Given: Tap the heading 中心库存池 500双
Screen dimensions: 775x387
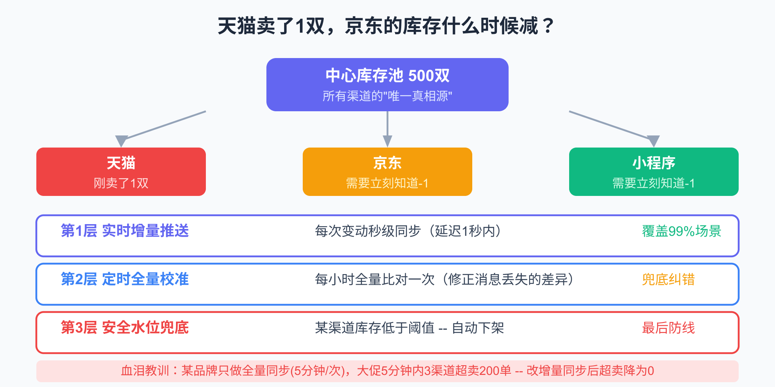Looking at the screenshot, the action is (387, 75).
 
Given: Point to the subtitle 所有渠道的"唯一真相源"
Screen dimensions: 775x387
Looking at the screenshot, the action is (387, 96).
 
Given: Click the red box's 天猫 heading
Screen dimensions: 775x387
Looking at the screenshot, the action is (121, 163).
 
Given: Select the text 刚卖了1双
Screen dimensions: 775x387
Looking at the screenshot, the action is (121, 183).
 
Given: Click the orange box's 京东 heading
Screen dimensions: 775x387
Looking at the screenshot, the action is (387, 163).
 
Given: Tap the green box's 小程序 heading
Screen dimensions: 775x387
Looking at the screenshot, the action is (654, 163).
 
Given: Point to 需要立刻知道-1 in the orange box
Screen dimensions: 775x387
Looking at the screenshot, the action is (387, 183).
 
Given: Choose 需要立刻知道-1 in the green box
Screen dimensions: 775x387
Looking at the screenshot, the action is (654, 183).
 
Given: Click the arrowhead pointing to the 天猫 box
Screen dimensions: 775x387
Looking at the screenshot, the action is (121, 141).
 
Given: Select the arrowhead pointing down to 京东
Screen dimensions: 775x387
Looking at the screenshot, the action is (387, 141).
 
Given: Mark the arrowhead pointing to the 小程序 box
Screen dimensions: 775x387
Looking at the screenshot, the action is (654, 141).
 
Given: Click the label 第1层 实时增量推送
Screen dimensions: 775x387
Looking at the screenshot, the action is (125, 231).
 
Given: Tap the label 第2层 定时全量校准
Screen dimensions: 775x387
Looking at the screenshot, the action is (125, 279).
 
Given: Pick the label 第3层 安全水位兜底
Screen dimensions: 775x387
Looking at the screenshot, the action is (125, 327).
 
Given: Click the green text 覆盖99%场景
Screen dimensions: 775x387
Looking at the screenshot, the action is (681, 231).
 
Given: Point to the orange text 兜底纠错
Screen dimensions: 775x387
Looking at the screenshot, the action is (668, 279).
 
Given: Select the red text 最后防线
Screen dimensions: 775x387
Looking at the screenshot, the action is (668, 328).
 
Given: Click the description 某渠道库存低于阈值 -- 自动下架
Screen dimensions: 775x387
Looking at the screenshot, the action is (409, 328).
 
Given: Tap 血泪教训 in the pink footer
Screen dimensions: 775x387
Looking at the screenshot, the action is (145, 370).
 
